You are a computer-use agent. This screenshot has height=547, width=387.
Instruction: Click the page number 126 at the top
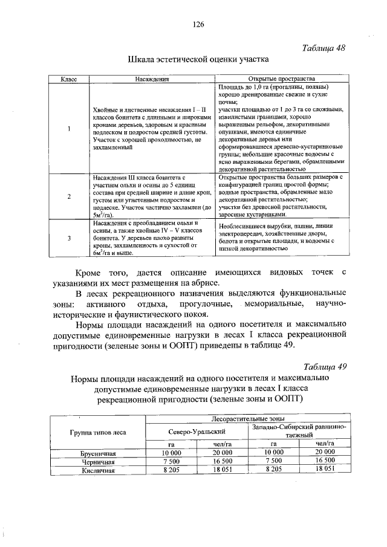tap(197, 25)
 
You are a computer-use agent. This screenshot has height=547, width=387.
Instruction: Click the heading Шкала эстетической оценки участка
tap(198, 60)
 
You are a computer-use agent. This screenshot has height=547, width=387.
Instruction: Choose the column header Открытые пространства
tap(281, 79)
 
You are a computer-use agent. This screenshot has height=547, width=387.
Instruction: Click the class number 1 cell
tap(70, 128)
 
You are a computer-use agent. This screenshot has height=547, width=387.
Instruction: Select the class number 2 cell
tap(70, 196)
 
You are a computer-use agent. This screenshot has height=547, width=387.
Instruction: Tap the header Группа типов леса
tap(98, 432)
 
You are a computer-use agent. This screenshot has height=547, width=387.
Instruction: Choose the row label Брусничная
tap(98, 452)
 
